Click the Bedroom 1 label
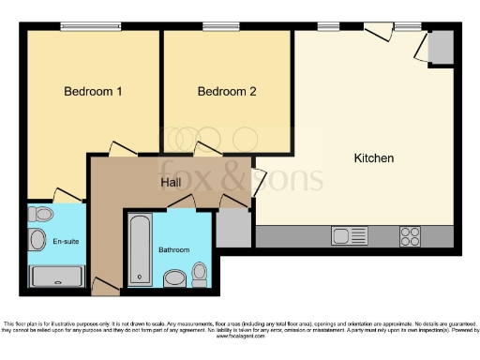click(x=93, y=92)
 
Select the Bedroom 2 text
click(x=227, y=92)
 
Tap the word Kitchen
click(x=373, y=158)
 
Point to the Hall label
click(x=171, y=182)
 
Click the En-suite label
click(x=65, y=240)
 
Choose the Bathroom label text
click(x=173, y=250)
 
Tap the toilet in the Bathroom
click(x=199, y=273)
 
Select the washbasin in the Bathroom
click(x=174, y=277)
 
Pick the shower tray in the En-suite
click(x=57, y=276)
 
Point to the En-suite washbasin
click(x=37, y=240)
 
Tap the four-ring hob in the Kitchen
click(x=410, y=235)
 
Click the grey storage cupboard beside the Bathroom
click(x=232, y=228)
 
